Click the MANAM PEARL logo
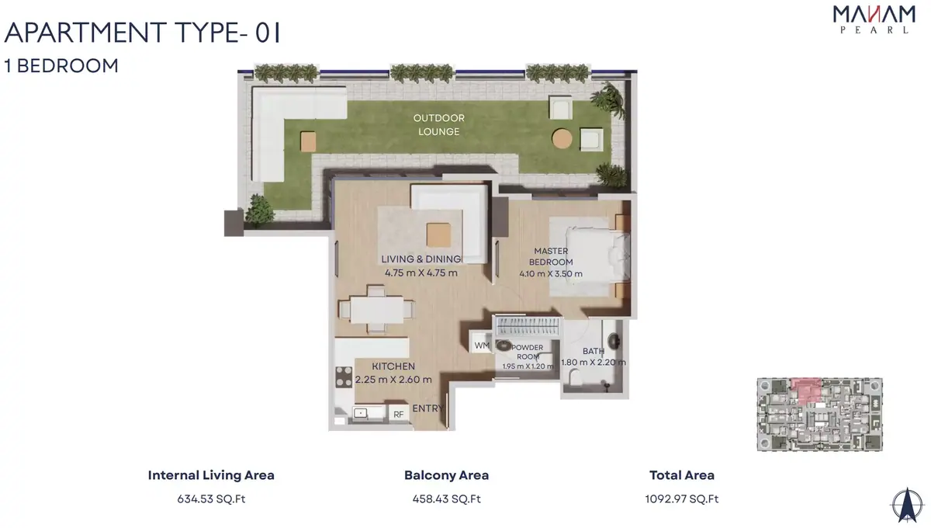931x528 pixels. (x=874, y=19)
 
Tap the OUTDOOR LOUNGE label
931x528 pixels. (x=439, y=125)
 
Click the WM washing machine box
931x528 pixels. (x=481, y=346)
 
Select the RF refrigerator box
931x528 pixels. (x=399, y=414)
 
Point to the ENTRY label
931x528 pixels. (x=428, y=408)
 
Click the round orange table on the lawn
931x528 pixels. (x=562, y=138)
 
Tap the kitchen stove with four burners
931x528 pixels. (x=344, y=377)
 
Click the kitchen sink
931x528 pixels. (x=360, y=413)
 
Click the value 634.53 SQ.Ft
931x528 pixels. (x=211, y=498)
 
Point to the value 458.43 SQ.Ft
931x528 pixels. (x=446, y=498)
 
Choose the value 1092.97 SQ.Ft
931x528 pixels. (x=682, y=498)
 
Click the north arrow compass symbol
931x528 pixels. (x=907, y=505)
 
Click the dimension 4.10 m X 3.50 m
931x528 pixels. (x=551, y=274)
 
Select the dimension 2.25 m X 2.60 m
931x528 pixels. (x=393, y=380)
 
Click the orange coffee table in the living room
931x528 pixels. (x=438, y=234)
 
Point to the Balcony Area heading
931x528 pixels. (x=446, y=475)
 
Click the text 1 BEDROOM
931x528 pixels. (x=61, y=66)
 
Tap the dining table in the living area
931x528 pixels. (x=376, y=309)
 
